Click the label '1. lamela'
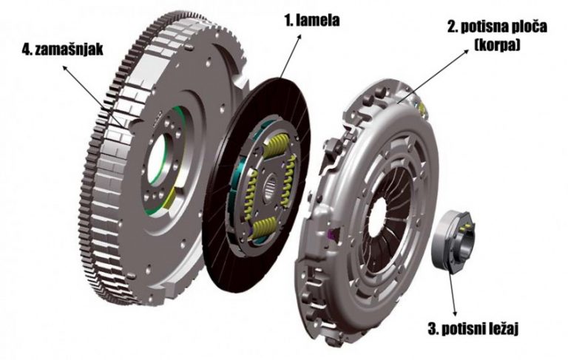click(312, 21)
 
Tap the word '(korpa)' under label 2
click(497, 45)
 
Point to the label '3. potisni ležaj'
click(473, 329)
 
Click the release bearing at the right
click(453, 240)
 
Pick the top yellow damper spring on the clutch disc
click(277, 146)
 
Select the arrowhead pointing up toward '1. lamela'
click(299, 37)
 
